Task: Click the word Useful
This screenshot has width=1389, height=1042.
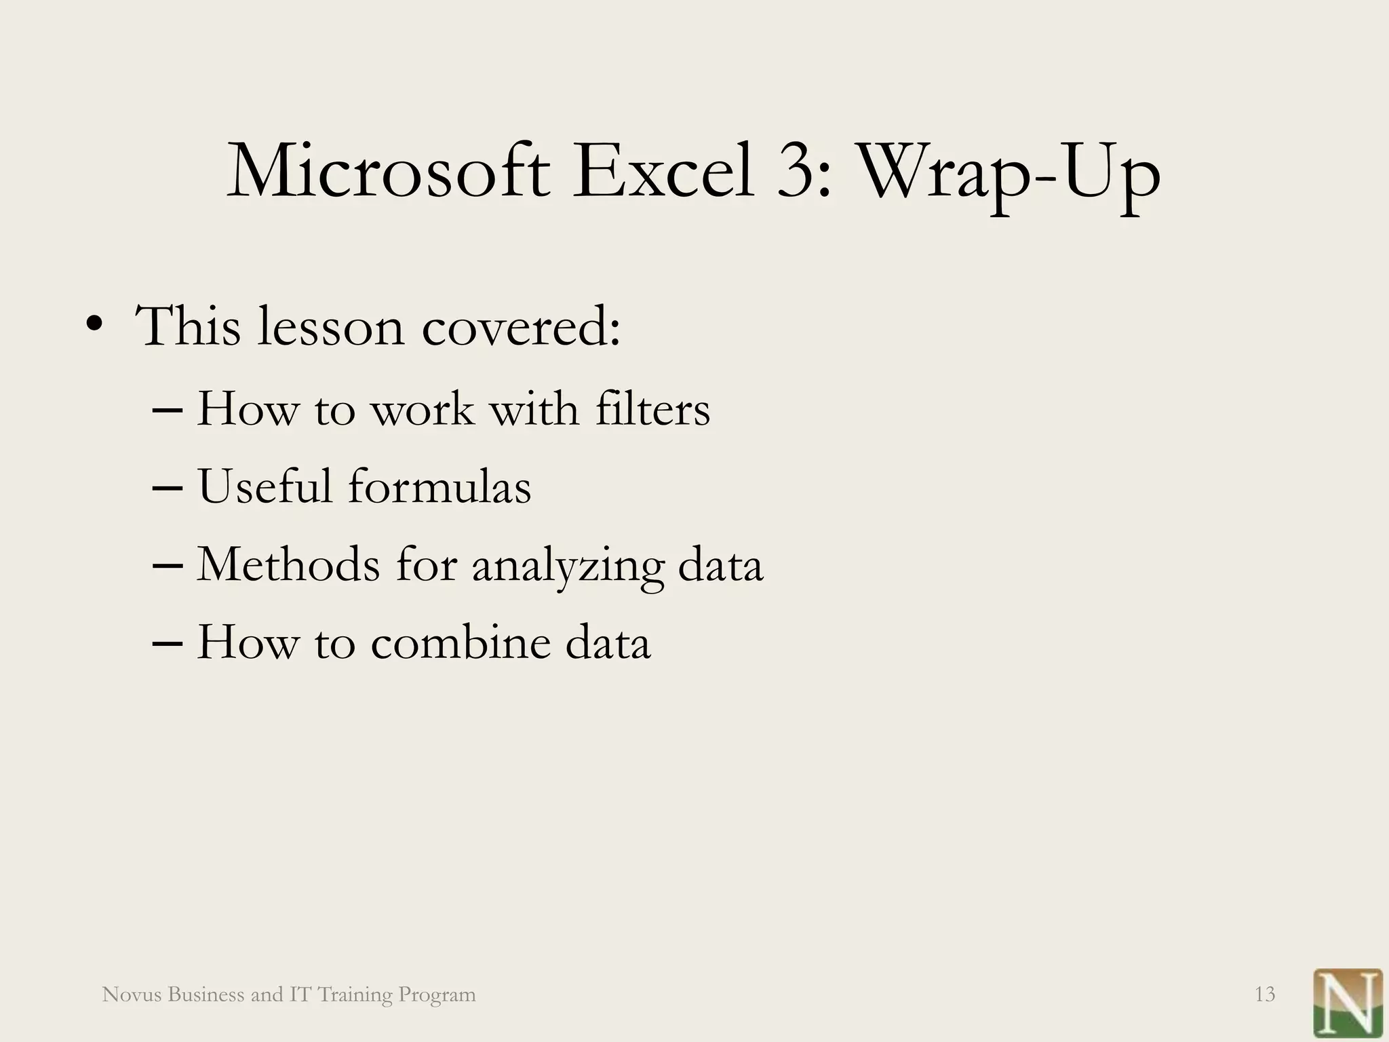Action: [265, 486]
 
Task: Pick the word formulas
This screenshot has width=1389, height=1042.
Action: [439, 486]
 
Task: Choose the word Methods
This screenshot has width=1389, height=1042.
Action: [288, 564]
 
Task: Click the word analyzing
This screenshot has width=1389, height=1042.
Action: [568, 567]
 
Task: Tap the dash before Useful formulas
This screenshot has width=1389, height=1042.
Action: [168, 488]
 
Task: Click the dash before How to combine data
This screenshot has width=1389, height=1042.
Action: [168, 643]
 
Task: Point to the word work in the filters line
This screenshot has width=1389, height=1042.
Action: [423, 410]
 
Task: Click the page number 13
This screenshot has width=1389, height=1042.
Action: [1265, 995]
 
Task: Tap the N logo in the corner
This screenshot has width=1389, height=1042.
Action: [1348, 1002]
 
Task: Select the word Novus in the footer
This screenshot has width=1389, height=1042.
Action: [131, 995]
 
